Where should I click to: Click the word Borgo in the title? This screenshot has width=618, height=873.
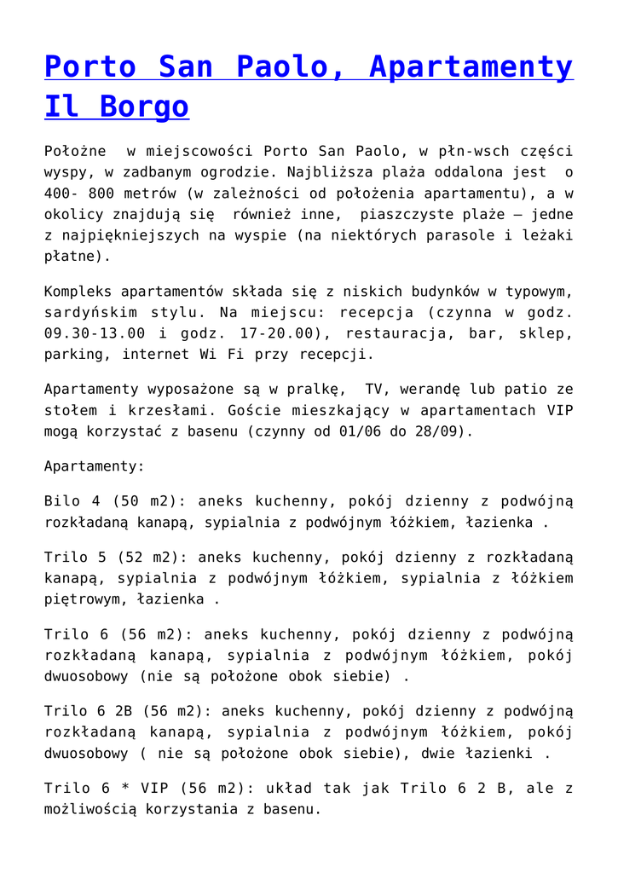(144, 107)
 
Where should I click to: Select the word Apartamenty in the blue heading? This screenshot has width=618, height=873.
(471, 66)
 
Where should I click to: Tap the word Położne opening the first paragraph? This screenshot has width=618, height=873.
(75, 152)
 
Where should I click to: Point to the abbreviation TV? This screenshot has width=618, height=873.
(376, 389)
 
